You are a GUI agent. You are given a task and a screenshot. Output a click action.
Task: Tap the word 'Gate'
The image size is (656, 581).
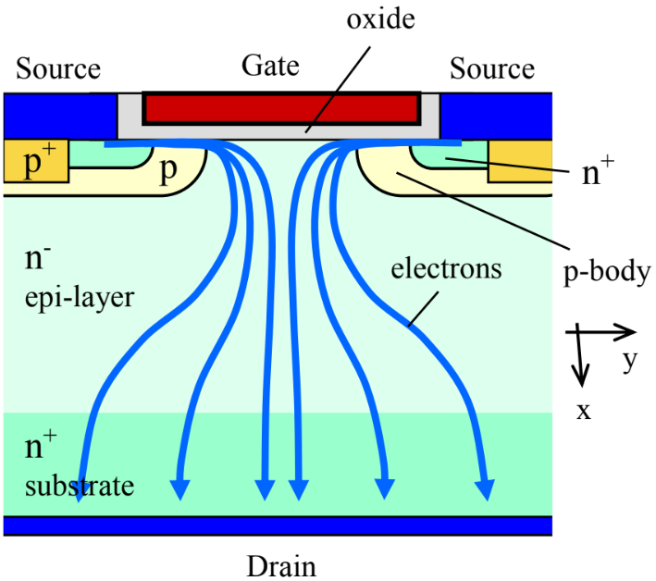(270, 66)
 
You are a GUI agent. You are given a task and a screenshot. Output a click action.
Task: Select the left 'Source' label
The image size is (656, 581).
(58, 68)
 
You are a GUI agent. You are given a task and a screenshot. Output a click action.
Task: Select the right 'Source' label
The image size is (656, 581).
(491, 68)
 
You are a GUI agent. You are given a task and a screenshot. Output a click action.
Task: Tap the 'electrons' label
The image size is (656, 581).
(446, 270)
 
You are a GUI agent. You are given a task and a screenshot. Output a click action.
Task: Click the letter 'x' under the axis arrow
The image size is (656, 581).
(583, 410)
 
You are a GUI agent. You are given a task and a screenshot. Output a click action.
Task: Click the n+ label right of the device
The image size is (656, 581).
(599, 174)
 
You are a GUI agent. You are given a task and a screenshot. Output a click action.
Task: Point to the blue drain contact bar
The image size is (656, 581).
(278, 525)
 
